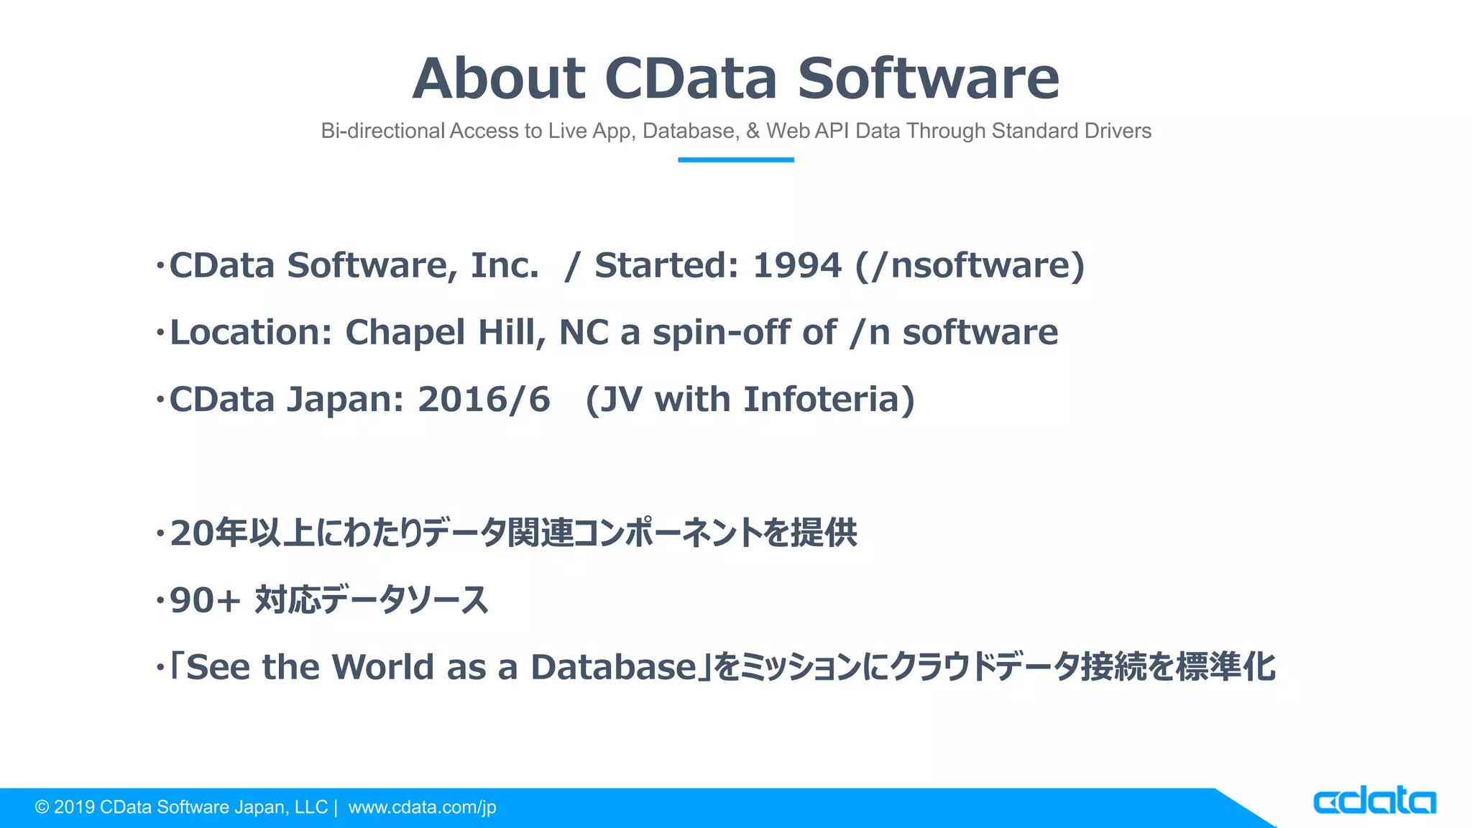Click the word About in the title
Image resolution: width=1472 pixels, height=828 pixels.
click(x=499, y=78)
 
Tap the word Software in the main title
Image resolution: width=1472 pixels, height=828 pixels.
click(x=928, y=78)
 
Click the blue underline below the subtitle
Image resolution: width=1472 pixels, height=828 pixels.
click(x=735, y=160)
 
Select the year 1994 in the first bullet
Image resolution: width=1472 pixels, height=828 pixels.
click(x=796, y=265)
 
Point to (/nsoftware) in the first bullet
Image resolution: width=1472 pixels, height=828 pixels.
click(x=970, y=265)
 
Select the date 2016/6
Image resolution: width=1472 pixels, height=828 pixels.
click(x=484, y=400)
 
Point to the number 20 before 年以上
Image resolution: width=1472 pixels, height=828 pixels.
click(x=192, y=533)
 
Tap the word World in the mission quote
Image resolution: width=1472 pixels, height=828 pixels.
click(x=382, y=667)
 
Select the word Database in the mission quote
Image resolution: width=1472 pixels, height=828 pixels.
click(x=613, y=667)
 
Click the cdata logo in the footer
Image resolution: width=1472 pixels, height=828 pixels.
click(x=1374, y=801)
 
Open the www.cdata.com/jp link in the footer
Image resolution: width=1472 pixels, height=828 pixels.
click(x=422, y=807)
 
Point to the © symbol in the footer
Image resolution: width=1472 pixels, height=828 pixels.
click(x=42, y=807)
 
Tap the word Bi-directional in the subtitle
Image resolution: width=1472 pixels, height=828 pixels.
click(x=383, y=131)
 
